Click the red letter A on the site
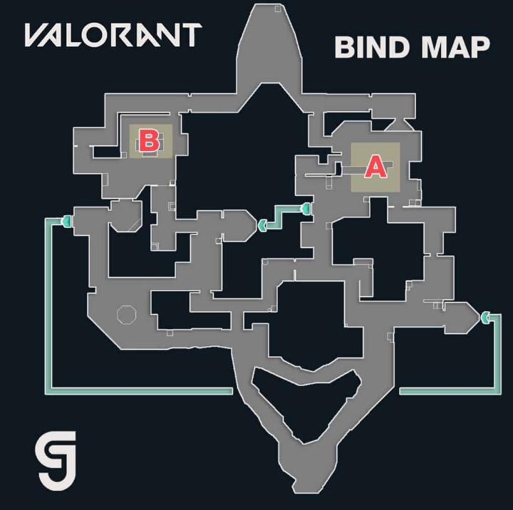375,167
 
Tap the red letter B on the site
149,140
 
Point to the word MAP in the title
455,47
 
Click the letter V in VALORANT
38,35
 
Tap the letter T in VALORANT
189,35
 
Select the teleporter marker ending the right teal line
486,317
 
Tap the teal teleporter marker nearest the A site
306,209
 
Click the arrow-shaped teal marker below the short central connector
262,226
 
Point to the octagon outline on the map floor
125,314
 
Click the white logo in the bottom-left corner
61,462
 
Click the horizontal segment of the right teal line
449,390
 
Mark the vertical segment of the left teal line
49,306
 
